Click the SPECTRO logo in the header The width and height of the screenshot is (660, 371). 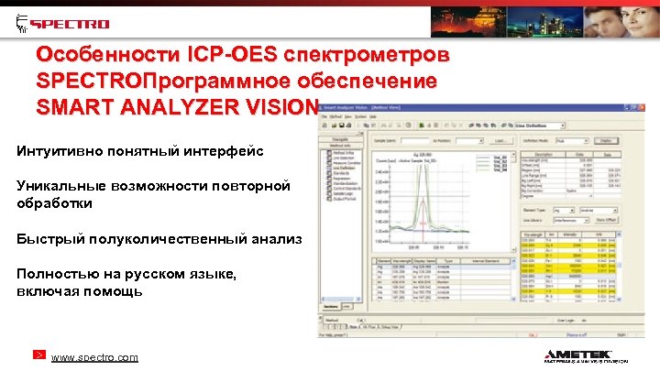(63, 24)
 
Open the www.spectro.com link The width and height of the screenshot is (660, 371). (94, 357)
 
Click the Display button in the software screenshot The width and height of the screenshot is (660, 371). (604, 140)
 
